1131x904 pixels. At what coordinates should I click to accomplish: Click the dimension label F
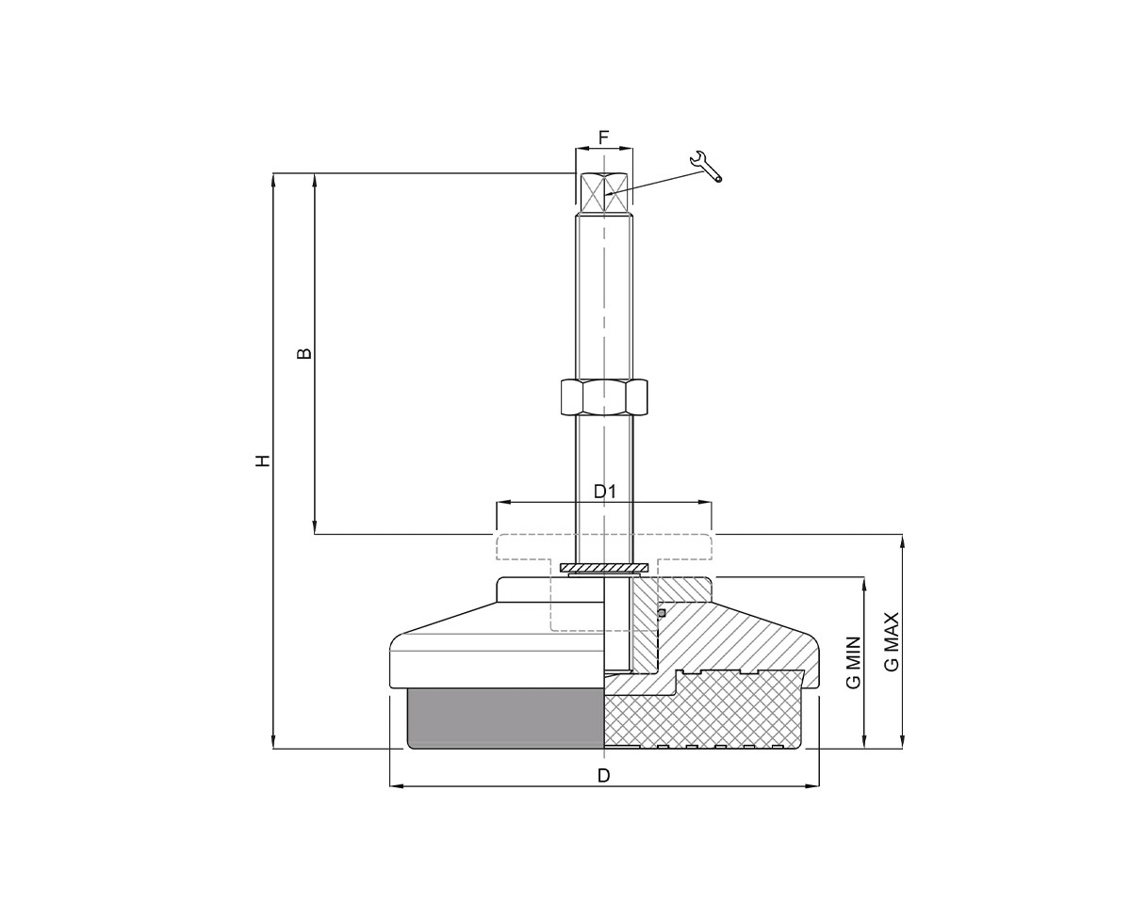603,137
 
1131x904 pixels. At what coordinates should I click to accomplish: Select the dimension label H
264,460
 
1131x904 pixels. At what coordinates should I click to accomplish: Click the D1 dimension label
604,491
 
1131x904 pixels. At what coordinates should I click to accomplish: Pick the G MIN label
854,663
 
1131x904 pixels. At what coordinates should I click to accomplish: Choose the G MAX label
892,641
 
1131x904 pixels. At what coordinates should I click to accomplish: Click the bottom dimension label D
604,775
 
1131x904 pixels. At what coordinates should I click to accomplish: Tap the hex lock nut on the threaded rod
603,396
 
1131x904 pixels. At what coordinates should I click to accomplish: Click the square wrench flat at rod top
603,193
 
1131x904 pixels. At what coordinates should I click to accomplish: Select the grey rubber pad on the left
504,718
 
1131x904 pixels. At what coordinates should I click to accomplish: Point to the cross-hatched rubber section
702,711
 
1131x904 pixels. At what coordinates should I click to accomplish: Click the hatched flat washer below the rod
603,568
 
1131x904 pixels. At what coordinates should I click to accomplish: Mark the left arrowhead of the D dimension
395,785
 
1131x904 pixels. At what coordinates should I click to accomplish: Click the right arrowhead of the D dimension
813,785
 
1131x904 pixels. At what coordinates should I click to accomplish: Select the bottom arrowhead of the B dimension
314,529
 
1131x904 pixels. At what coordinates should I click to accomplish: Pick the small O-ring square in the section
661,612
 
